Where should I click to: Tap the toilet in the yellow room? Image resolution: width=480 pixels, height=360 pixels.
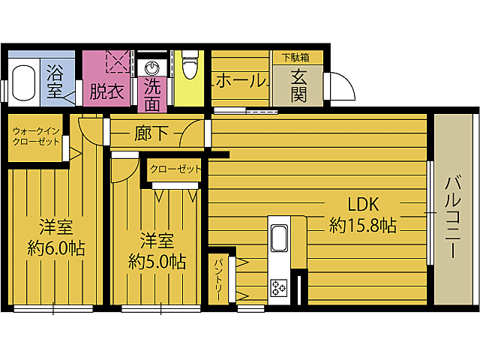(189, 66)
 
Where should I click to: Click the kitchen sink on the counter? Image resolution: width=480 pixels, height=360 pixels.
(278, 238)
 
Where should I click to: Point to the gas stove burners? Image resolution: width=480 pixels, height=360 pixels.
(279, 287)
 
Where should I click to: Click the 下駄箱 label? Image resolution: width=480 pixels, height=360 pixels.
(292, 57)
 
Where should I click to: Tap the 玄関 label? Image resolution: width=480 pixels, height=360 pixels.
(298, 85)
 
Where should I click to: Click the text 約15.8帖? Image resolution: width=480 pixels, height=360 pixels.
(363, 225)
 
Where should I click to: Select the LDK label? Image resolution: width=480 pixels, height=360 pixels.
(363, 203)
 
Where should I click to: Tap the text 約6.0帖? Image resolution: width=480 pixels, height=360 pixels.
(55, 247)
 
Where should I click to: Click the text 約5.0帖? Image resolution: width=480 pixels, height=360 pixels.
(157, 261)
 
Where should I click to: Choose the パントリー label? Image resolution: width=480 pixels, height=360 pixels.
(218, 277)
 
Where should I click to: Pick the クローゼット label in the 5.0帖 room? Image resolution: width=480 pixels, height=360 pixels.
(175, 169)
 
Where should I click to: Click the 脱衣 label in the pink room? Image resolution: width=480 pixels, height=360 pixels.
(107, 91)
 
